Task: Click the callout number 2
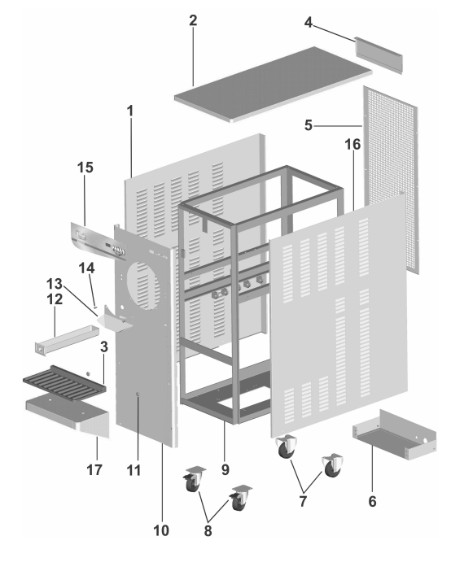[193, 20]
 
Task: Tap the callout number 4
[308, 23]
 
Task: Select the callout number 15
[85, 168]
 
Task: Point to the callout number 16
[352, 145]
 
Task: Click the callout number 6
[372, 501]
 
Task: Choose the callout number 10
[161, 530]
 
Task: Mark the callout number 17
[94, 470]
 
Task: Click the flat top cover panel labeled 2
[273, 84]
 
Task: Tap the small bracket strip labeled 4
[379, 55]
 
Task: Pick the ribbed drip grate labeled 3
[64, 383]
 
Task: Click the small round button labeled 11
[138, 394]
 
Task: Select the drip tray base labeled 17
[68, 415]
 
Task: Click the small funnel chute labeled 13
[115, 319]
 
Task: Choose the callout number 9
[225, 469]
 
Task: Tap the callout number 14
[86, 268]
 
